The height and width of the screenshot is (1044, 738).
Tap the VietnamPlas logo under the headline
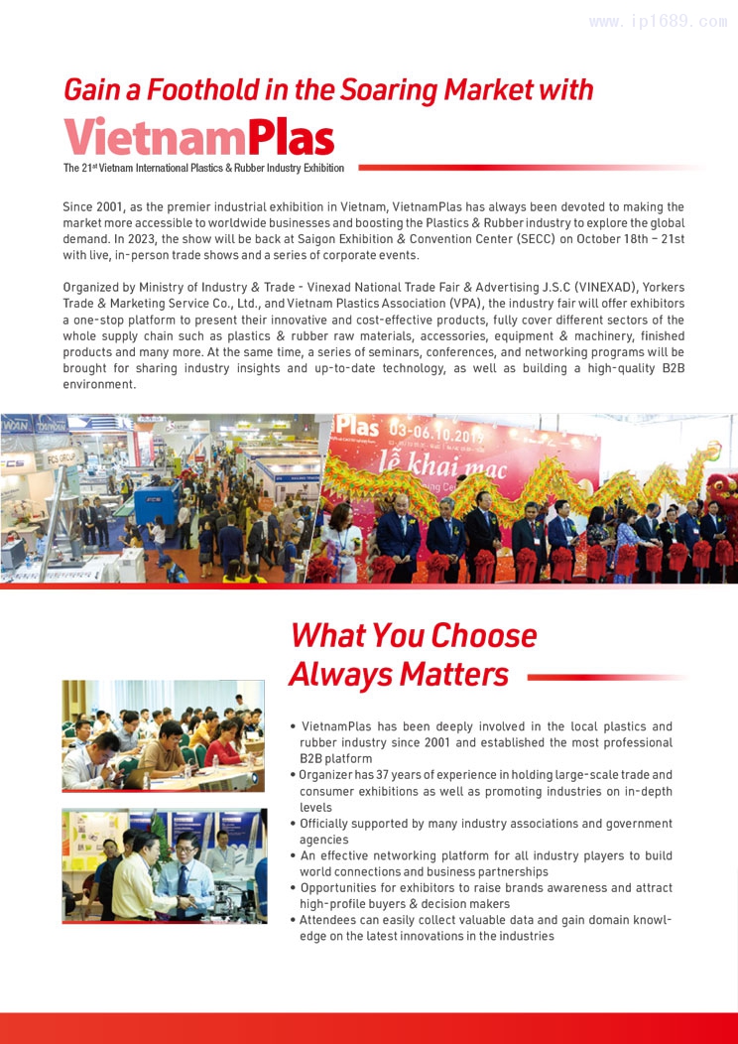198,137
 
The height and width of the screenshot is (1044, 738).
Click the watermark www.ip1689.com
658,21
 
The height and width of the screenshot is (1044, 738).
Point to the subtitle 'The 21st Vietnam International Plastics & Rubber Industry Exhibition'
203,168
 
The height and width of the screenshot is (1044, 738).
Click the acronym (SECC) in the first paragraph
543,240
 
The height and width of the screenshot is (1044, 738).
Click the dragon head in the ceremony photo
720,490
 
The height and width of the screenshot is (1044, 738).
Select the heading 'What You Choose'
413,634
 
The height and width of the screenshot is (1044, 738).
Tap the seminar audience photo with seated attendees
164,734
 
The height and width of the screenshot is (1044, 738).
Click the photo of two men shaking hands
164,864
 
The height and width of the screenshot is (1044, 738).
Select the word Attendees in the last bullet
331,920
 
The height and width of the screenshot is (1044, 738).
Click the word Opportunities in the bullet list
344,888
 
